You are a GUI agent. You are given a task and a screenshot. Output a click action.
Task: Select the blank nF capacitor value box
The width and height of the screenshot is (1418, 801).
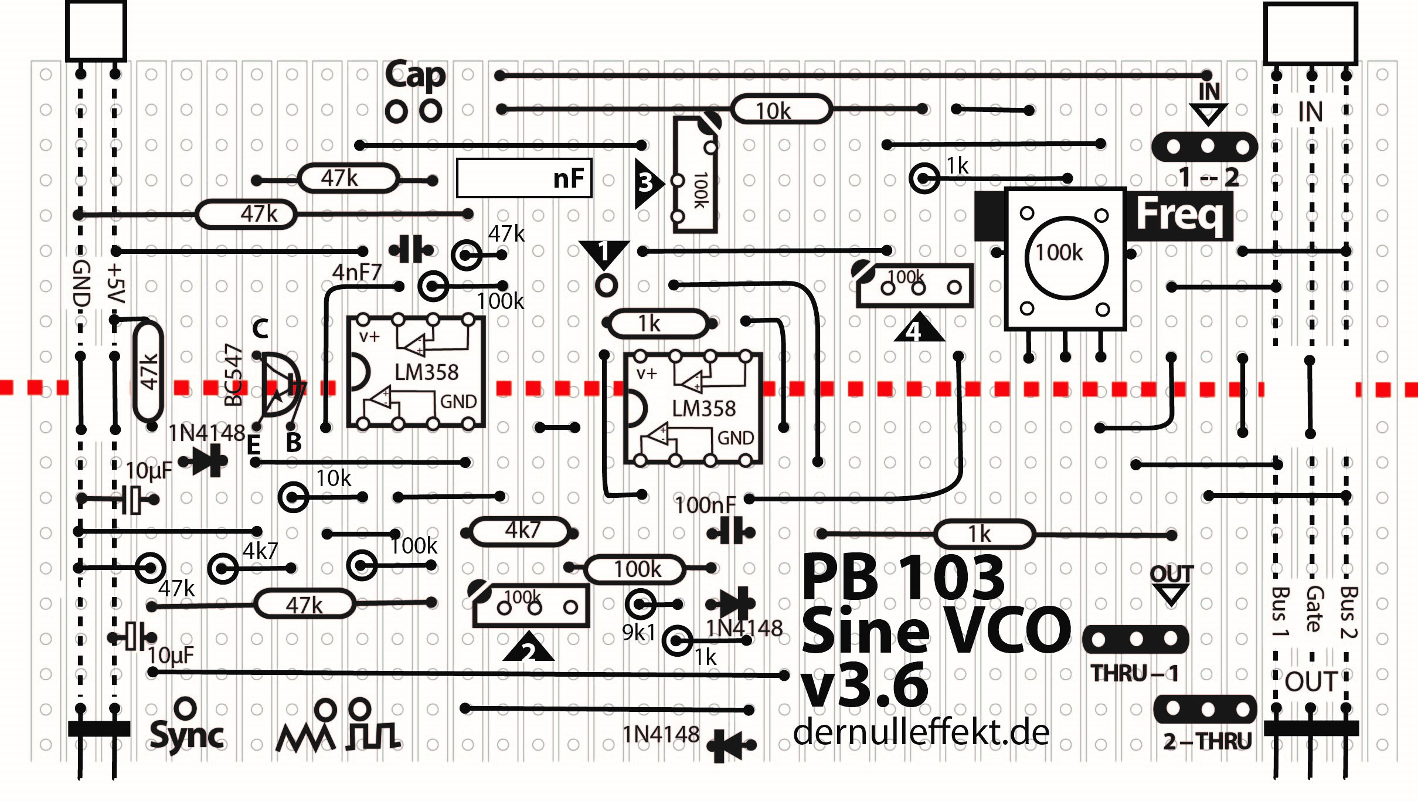pos(523,178)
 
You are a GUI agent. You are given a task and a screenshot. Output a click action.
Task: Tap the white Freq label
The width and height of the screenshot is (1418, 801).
pos(1179,215)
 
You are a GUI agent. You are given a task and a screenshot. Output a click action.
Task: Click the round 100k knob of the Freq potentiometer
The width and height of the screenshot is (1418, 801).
pos(1066,257)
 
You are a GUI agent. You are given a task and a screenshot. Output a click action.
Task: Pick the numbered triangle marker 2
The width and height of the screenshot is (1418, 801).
pos(528,649)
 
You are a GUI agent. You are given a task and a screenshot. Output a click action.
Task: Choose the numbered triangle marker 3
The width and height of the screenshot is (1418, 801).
pos(647,183)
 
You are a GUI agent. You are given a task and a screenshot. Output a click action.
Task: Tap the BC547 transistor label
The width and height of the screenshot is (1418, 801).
pos(233,375)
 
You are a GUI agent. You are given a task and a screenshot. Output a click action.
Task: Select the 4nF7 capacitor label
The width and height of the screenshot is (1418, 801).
pos(356,273)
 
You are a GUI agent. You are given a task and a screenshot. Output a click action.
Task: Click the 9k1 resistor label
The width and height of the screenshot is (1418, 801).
pos(638,633)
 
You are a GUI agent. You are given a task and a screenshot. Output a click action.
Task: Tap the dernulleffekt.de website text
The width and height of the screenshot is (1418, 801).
pos(921,733)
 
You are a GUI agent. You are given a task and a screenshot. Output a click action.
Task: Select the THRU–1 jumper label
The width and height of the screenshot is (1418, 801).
pos(1134,673)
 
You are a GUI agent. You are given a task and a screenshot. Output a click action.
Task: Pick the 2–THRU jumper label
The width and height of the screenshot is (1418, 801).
pos(1207,741)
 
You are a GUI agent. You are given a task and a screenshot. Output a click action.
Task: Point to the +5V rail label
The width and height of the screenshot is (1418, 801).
pos(116,284)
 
